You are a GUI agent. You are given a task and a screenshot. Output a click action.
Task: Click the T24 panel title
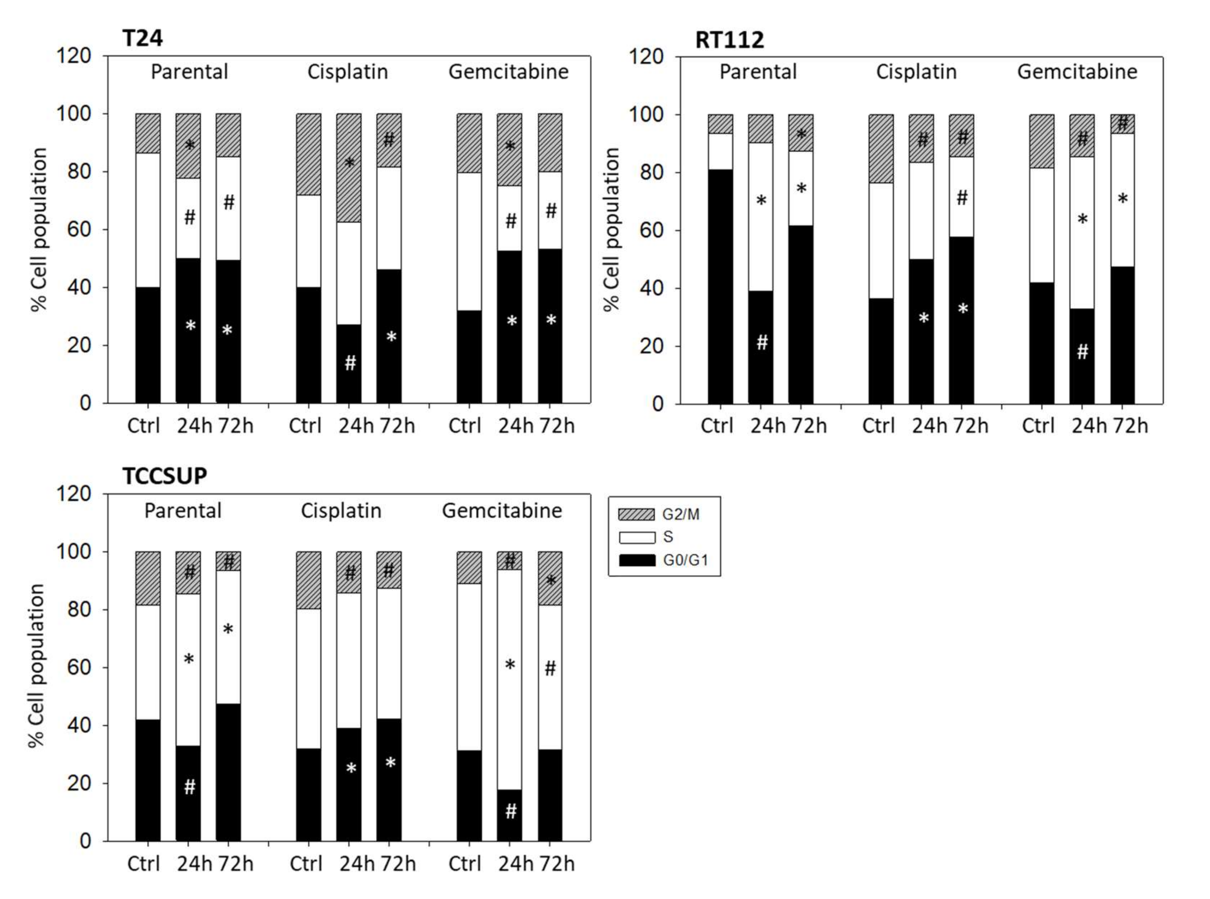142,39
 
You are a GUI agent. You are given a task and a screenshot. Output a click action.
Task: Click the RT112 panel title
730,40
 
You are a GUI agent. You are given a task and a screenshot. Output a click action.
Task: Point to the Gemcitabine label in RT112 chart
1077,72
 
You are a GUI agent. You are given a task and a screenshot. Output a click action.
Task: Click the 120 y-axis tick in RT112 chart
646,56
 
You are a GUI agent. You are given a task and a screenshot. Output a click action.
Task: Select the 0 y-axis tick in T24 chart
86,403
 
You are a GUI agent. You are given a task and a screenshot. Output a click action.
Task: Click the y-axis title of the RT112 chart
612,229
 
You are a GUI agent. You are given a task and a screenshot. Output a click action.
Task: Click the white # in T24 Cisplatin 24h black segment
350,362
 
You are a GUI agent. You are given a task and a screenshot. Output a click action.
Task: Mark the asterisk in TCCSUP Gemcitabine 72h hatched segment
551,581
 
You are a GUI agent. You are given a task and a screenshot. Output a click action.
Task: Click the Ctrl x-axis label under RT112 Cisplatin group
878,425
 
